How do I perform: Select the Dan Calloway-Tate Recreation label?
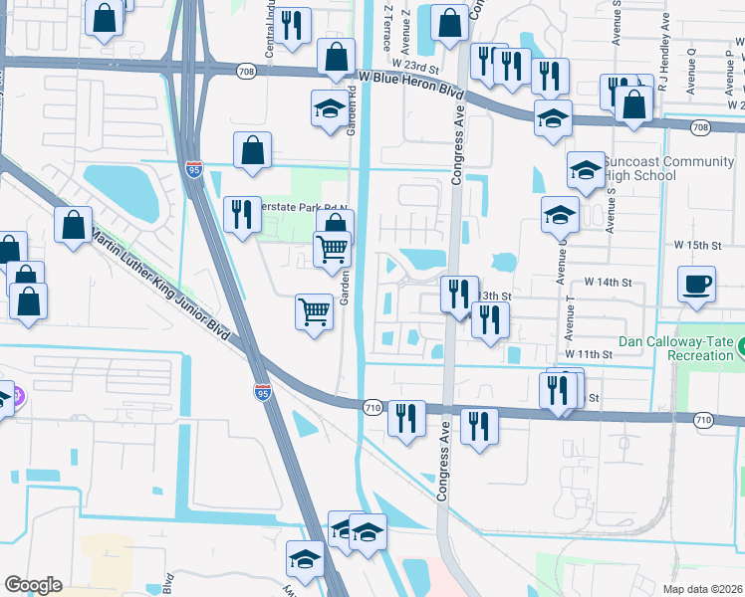675,348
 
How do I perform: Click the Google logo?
34,585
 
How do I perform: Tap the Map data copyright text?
703,589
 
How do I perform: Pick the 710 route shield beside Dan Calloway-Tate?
703,420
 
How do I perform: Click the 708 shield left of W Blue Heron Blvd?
245,72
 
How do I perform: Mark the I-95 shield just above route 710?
262,392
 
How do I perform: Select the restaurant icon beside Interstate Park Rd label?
242,213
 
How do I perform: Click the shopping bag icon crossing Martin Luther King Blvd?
75,224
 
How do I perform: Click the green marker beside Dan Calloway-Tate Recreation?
741,348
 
